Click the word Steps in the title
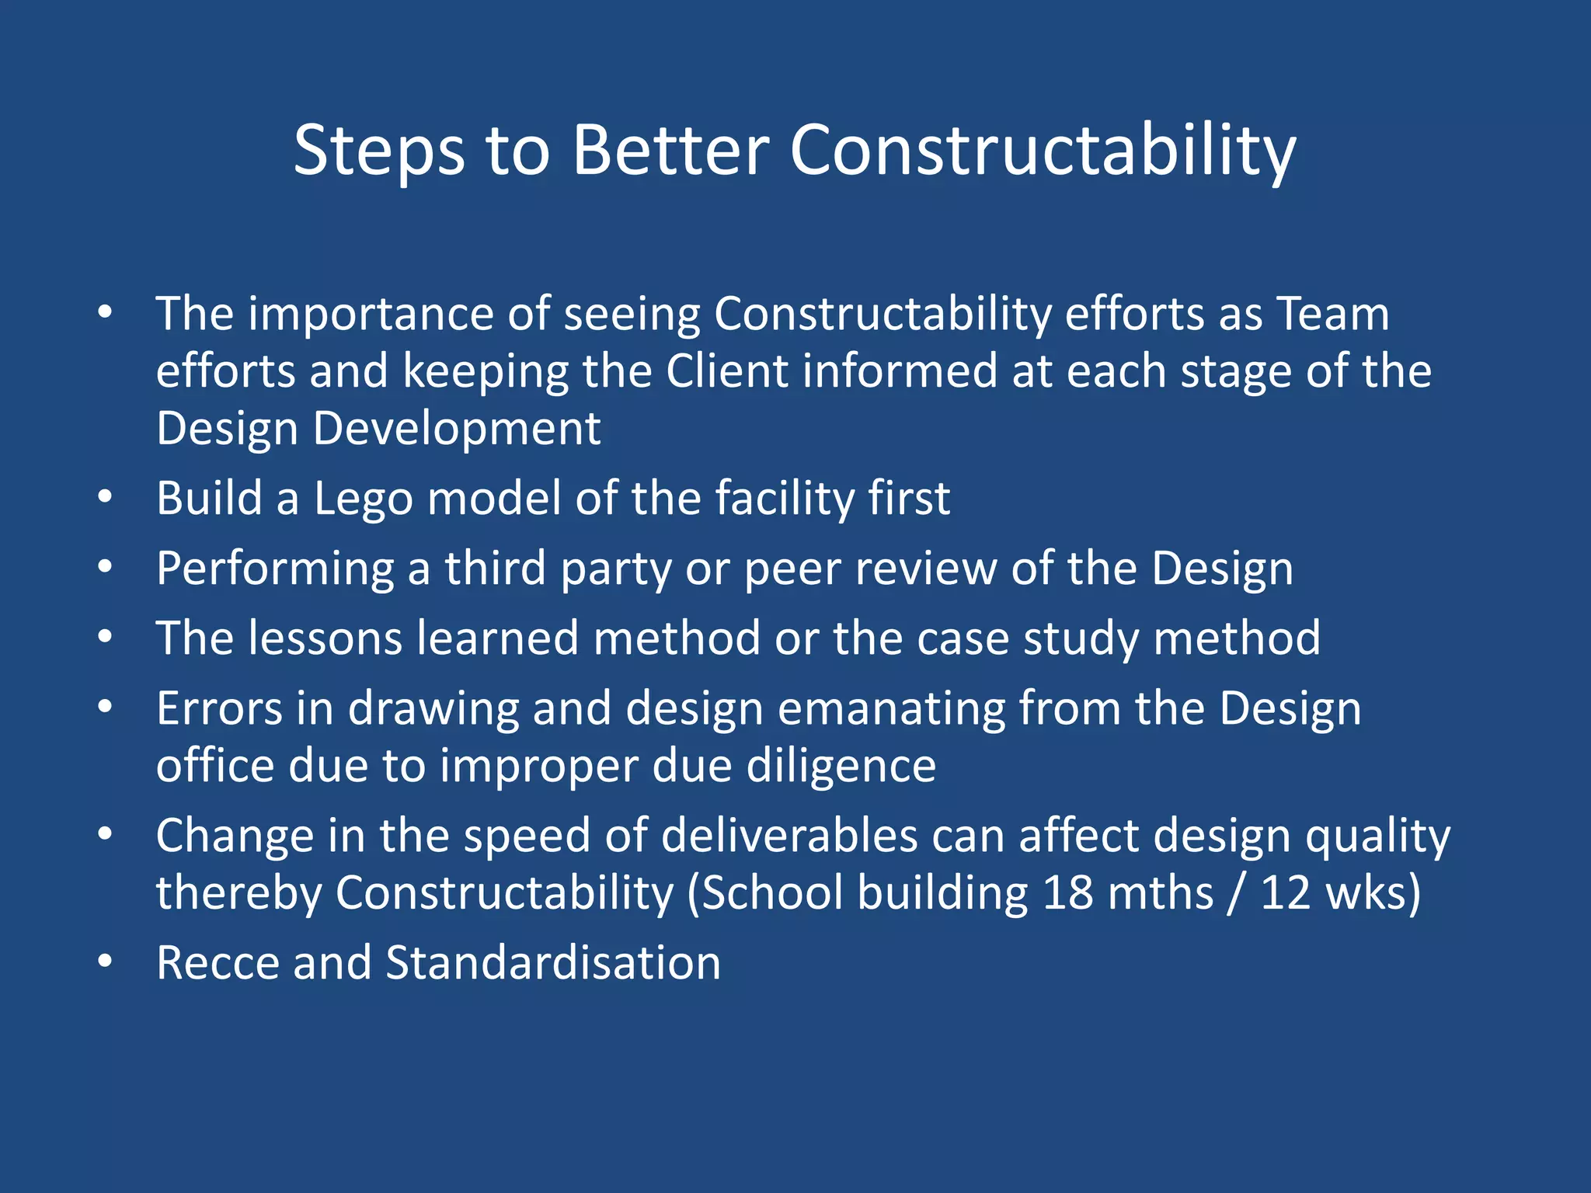[379, 151]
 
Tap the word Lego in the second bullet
[363, 498]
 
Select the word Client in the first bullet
[727, 370]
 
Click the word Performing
[275, 569]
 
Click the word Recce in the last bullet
[218, 963]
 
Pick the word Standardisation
[553, 963]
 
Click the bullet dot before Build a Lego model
[106, 496]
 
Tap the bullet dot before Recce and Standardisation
[106, 962]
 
